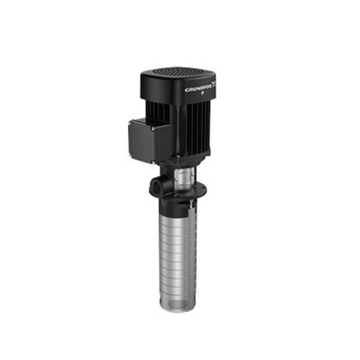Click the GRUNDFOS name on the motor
199,88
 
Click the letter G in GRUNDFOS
187,90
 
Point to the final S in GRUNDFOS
212,86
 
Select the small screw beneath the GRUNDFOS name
202,93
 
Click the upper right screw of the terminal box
153,129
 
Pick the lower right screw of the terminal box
153,161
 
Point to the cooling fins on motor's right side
198,126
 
